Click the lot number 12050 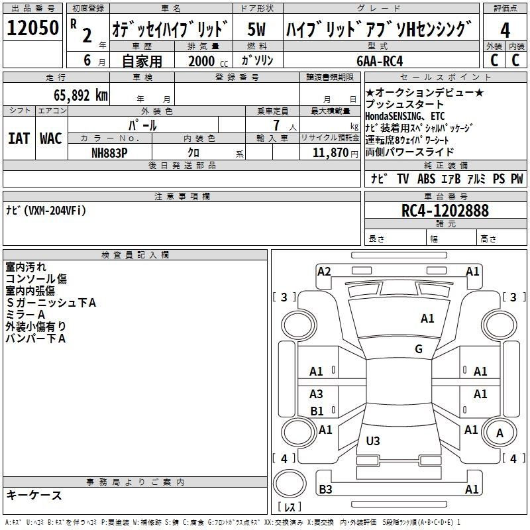click(32, 28)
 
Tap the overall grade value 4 click(505, 30)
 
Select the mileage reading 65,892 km click(81, 95)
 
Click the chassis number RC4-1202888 click(445, 211)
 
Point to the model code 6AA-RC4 click(380, 61)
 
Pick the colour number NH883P click(109, 153)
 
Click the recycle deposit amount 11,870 click(331, 153)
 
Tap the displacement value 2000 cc click(208, 61)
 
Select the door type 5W click(256, 29)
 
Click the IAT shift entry click(19, 138)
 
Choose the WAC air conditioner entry click(51, 138)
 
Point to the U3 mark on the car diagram click(373, 441)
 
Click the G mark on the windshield click(419, 349)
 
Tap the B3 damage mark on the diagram click(325, 489)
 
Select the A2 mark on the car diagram click(324, 272)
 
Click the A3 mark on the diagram click(316, 394)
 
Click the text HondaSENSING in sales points click(393, 117)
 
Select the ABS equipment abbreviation click(426, 178)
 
